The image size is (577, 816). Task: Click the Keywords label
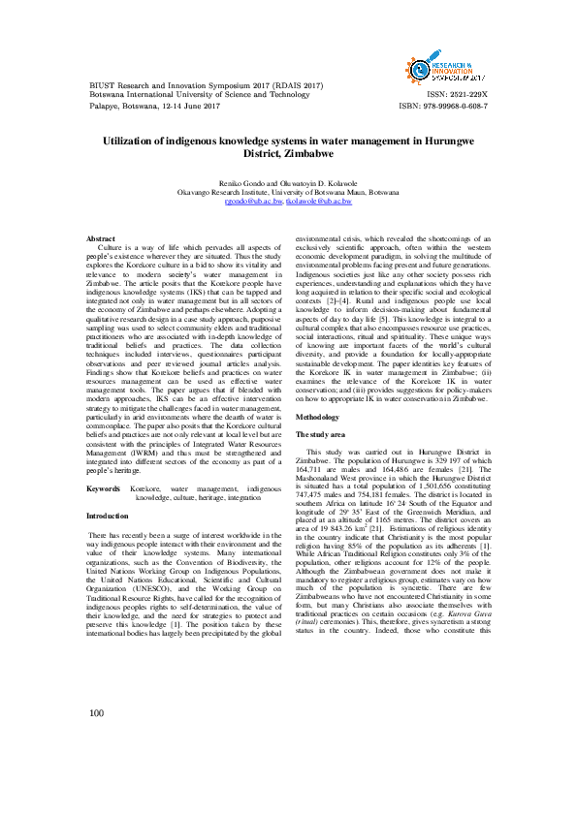click(104, 489)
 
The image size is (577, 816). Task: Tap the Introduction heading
click(109, 517)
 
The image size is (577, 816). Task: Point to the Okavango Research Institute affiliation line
click(288, 193)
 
